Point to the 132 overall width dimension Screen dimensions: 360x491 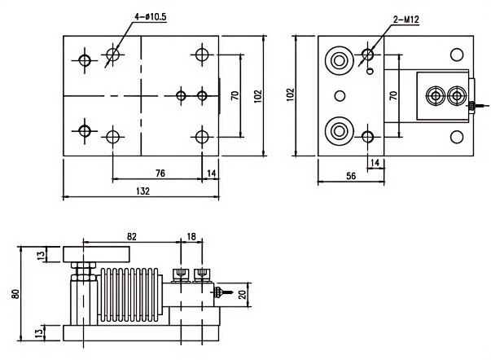(x=143, y=190)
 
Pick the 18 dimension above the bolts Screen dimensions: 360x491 (x=189, y=235)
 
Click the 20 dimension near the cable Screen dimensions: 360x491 (x=242, y=294)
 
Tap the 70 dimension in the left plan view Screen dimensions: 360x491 (x=235, y=95)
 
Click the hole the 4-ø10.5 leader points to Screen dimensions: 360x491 (x=112, y=55)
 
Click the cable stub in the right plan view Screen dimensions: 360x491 (x=475, y=105)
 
